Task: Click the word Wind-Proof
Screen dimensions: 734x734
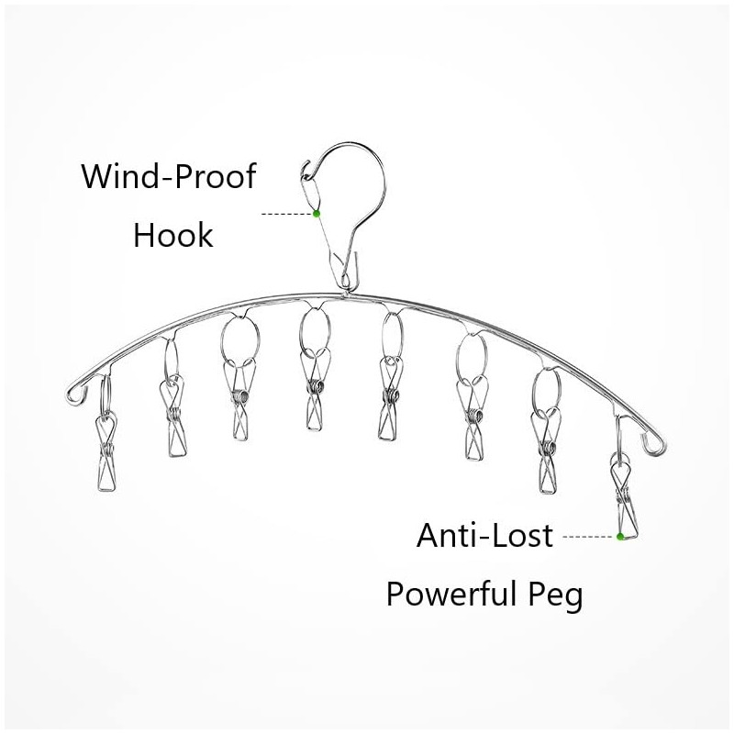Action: tap(169, 176)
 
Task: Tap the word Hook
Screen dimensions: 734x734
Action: tap(173, 235)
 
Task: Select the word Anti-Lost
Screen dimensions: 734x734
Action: tap(484, 535)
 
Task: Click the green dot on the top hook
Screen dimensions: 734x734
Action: tap(317, 214)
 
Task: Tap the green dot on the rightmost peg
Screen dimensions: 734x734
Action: tap(620, 537)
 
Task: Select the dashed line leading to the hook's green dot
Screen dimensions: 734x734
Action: tap(286, 214)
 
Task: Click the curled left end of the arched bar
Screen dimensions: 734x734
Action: tap(75, 394)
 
